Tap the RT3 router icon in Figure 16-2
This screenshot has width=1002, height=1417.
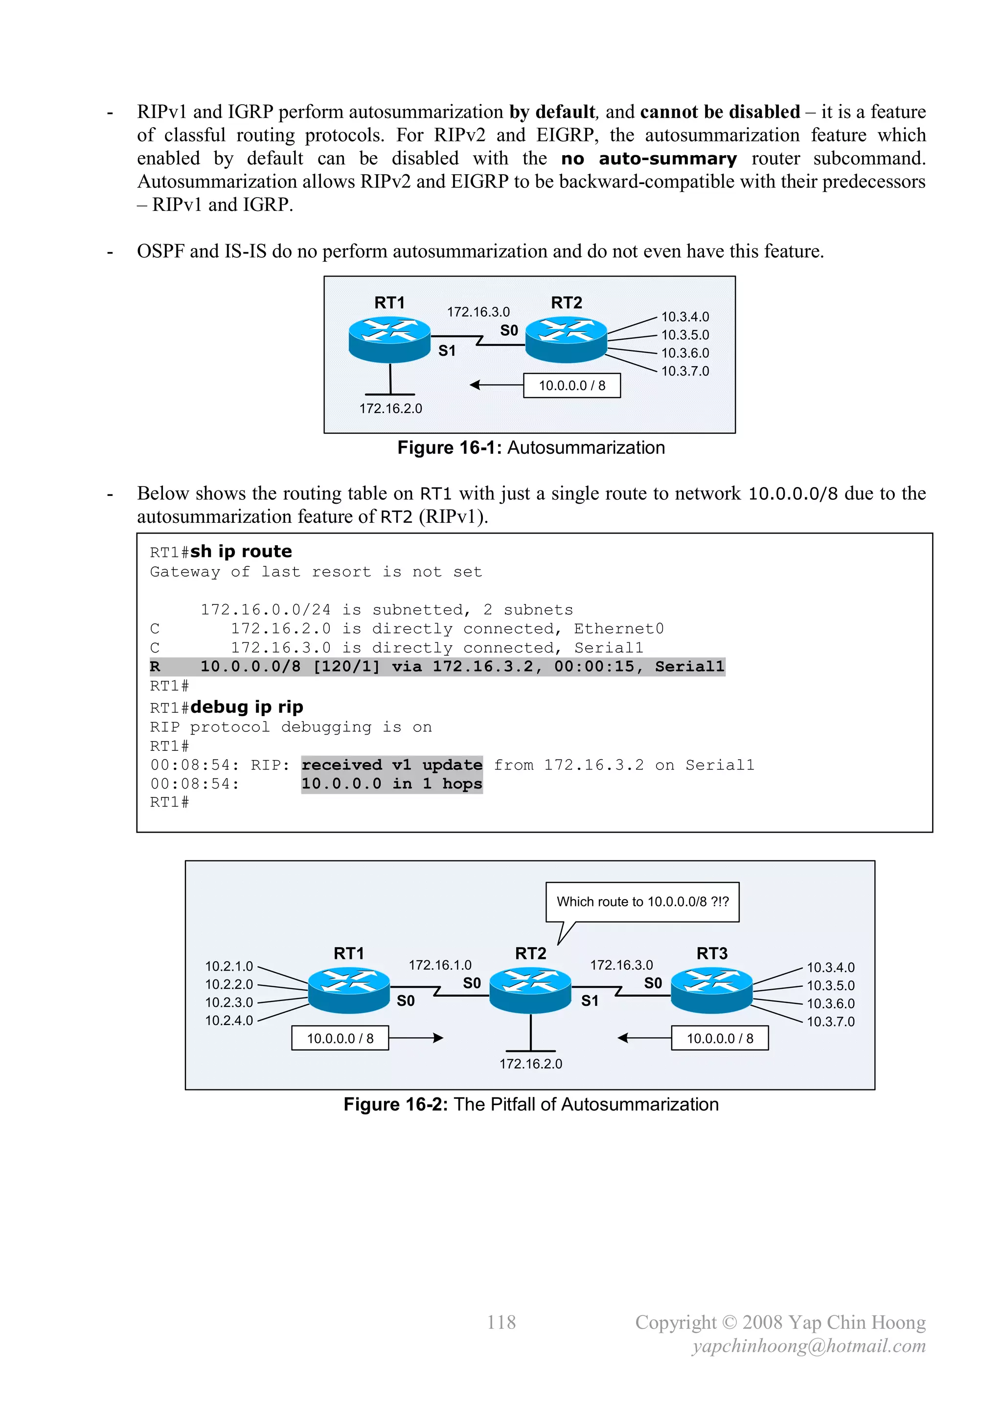point(711,990)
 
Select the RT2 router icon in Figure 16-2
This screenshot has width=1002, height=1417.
point(530,990)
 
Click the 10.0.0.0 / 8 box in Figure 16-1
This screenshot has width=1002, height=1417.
point(571,386)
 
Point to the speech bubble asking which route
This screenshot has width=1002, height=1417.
point(642,902)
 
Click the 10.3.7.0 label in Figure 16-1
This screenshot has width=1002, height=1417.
point(685,372)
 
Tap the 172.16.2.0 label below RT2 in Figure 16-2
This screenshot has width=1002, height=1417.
point(531,1064)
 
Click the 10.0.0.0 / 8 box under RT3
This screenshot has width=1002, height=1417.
point(719,1039)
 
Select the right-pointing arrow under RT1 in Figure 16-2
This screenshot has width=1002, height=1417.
point(416,1038)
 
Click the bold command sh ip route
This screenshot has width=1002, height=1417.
point(241,551)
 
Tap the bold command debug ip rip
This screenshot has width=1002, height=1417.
point(246,707)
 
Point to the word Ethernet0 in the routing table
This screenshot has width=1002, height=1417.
point(618,629)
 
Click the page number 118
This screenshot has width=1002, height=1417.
point(501,1322)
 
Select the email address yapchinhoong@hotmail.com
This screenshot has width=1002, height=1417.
point(809,1346)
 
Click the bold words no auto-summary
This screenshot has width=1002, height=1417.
point(648,159)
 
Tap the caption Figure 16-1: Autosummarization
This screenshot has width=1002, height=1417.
point(531,447)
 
